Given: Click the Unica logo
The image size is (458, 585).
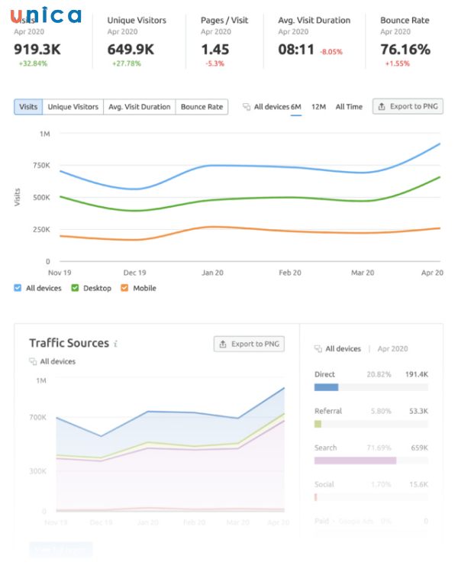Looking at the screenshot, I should [46, 15].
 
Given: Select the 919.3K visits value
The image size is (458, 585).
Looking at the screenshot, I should [37, 50].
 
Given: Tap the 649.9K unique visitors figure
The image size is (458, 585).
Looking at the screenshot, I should [131, 50].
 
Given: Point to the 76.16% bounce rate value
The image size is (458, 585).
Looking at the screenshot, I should [405, 50].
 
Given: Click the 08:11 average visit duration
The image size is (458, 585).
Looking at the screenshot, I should [296, 50].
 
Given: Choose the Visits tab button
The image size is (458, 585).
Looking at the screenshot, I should [28, 107].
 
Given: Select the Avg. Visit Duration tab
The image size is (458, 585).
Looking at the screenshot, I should [140, 107].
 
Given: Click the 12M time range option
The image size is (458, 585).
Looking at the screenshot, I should [318, 107].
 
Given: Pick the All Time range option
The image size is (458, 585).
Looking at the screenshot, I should [349, 107].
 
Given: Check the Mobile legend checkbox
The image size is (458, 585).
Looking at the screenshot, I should [125, 288].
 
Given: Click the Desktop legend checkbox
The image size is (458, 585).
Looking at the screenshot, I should [76, 288].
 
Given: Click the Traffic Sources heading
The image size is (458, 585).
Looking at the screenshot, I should [69, 344].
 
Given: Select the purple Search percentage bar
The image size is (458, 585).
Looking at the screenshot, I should [355, 461].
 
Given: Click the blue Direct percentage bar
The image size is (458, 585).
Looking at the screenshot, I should [326, 387].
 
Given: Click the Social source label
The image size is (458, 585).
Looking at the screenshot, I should [324, 484].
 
